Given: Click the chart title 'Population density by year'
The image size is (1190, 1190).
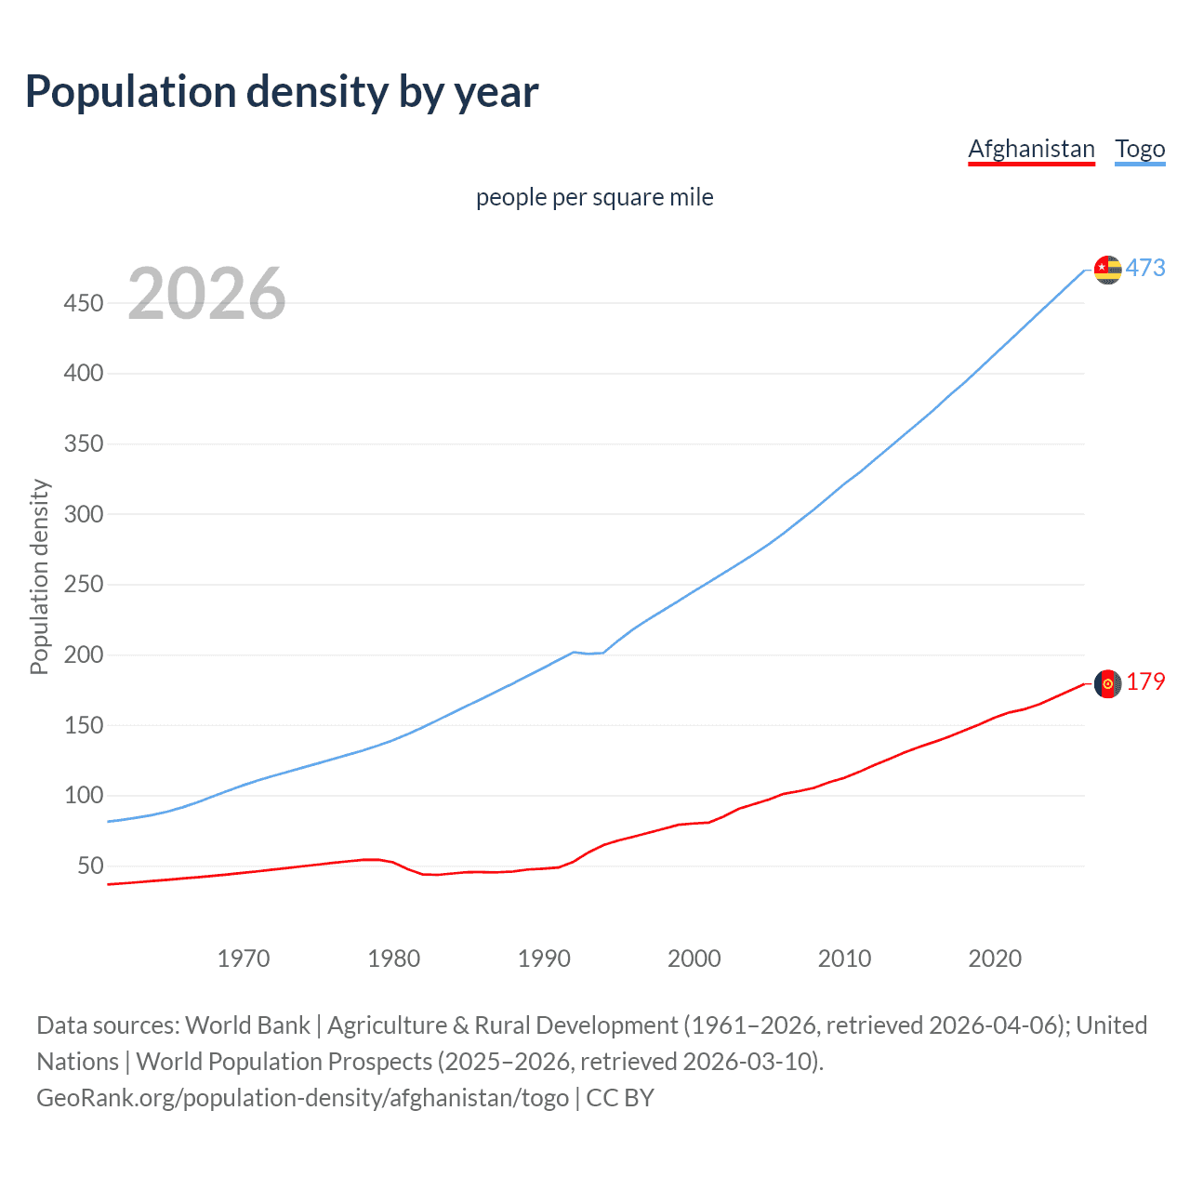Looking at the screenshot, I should click(282, 92).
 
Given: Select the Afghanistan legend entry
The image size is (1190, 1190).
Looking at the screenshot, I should click(1031, 149).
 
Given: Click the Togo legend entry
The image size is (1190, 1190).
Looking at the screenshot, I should click(1140, 149).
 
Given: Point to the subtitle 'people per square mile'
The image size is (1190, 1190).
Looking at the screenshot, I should click(594, 197).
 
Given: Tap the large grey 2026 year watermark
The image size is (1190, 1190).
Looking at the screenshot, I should click(206, 294).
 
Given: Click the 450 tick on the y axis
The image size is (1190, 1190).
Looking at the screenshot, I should click(83, 303).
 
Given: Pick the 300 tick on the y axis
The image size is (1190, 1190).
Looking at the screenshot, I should click(83, 514).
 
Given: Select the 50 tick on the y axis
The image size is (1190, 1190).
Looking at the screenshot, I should click(90, 866).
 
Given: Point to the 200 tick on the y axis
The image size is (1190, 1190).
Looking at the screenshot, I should click(83, 654).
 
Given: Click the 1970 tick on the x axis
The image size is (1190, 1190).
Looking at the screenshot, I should click(243, 959).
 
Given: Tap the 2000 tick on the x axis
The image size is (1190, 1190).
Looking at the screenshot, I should click(694, 959).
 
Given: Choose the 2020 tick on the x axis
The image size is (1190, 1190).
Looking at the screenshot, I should click(995, 959).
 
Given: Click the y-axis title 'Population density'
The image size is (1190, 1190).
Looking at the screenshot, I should click(39, 576).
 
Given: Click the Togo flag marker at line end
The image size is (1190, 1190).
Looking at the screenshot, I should click(1107, 270).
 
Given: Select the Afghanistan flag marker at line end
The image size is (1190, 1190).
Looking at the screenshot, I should click(1107, 683).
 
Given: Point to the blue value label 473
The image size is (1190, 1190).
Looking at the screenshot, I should click(1145, 269).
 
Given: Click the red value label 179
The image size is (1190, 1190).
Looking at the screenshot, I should click(1145, 682).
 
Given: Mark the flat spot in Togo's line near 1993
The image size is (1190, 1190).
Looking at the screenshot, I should click(588, 653).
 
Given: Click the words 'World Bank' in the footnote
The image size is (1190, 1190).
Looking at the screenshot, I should click(247, 1025).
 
